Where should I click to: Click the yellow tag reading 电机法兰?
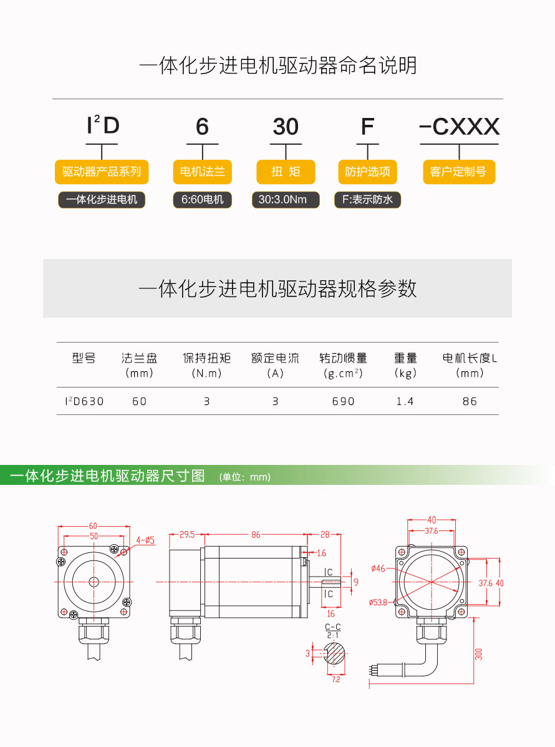pos(202,172)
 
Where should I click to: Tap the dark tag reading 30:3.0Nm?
pos(286,200)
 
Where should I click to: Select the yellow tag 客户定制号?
pos(459,172)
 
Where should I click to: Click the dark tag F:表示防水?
pos(367,200)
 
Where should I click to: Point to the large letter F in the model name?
pos(367,127)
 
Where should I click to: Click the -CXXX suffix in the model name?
pos(459,127)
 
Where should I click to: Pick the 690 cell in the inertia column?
pos(343,401)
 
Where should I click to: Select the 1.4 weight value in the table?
pos(405,401)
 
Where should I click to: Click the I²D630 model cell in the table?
pos(84,401)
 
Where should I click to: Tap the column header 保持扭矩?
pos(206,358)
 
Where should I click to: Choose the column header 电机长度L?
pos(470,358)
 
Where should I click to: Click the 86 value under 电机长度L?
pos(470,401)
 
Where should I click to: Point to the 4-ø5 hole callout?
pos(145,540)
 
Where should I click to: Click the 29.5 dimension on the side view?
pos(187,535)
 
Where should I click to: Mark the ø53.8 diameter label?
pos(378,602)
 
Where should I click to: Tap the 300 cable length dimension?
pos(479,653)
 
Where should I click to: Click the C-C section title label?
pos(333,627)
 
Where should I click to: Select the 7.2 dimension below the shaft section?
pos(336,680)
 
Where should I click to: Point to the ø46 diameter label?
pos(378,569)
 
